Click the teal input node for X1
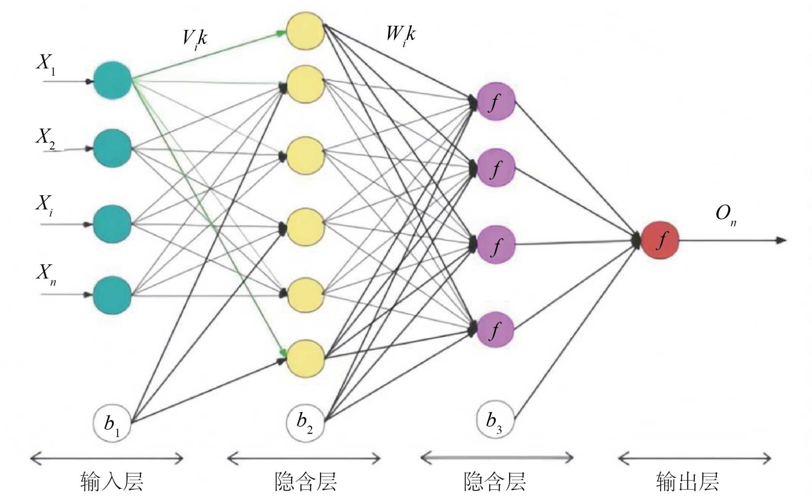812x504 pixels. (x=112, y=80)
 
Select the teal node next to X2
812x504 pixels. (x=112, y=148)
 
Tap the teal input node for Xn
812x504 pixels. (x=112, y=295)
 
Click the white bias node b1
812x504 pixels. (x=112, y=423)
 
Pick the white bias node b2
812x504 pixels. (x=305, y=422)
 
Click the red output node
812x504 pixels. (x=660, y=240)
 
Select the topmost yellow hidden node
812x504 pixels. (x=305, y=30)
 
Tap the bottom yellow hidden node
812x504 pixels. (x=305, y=359)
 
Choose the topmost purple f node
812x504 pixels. (x=496, y=102)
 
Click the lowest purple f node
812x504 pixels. (x=496, y=330)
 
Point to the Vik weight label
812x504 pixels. (x=195, y=39)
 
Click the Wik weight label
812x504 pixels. (x=401, y=35)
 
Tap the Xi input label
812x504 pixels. (x=44, y=204)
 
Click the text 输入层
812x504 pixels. (x=112, y=482)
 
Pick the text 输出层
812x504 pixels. (x=687, y=482)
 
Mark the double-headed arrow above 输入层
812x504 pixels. (x=107, y=459)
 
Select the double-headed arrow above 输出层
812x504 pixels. (x=694, y=459)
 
